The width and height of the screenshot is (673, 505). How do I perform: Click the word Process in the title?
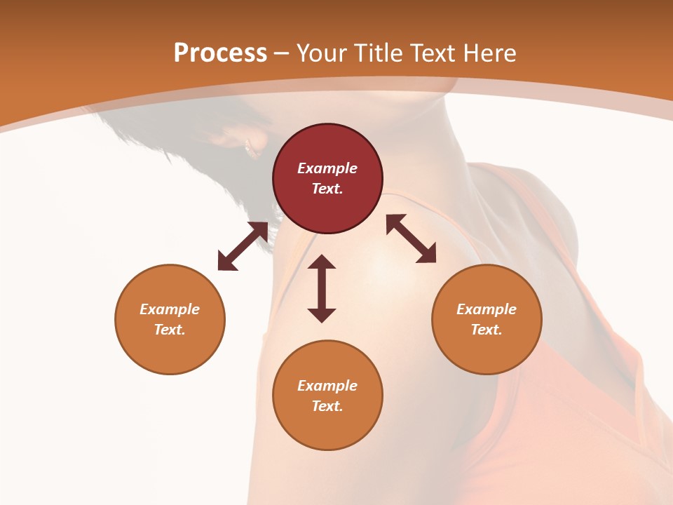coord(220,53)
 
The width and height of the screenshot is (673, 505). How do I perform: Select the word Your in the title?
coord(322,53)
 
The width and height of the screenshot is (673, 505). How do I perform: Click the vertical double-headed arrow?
coord(322,289)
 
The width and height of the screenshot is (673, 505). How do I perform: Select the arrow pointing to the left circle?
coord(243,246)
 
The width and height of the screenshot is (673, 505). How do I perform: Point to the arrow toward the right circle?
coord(412,238)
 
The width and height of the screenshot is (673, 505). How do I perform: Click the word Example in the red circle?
coord(327,168)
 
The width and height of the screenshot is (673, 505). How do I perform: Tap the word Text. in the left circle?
coord(170,330)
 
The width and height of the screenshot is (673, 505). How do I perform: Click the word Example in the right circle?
coord(487,309)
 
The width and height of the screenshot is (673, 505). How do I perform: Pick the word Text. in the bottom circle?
coord(327,406)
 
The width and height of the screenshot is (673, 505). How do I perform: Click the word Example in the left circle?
coord(170,309)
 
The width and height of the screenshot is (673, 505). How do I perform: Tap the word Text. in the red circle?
coord(327,189)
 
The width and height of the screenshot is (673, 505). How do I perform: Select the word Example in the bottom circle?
coord(327,386)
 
